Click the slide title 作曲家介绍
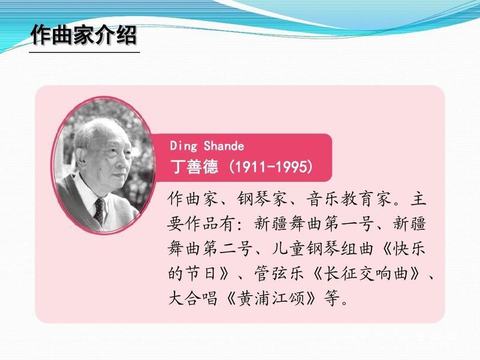point(83,35)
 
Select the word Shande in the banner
point(224,146)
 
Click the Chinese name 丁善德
point(194,167)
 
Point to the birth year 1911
point(249,167)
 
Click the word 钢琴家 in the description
point(262,199)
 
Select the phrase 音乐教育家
point(349,199)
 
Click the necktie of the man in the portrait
point(99,211)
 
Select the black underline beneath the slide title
point(85,52)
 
